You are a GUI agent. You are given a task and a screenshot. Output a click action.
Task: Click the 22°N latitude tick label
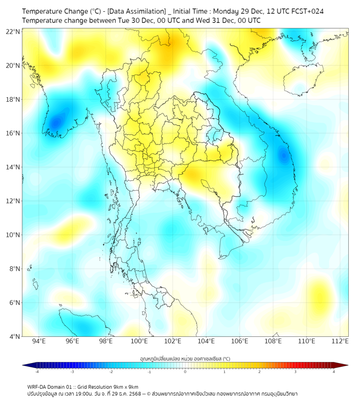[x=13, y=31]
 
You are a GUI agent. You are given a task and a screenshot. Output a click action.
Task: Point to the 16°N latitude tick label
[x=13, y=133]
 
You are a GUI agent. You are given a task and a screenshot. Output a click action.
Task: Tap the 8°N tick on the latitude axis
[x=13, y=269]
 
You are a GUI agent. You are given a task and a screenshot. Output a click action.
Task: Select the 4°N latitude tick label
[x=13, y=336]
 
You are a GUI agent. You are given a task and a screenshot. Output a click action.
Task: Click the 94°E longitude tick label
[x=39, y=341]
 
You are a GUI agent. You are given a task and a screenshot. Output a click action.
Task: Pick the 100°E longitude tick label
[x=139, y=341]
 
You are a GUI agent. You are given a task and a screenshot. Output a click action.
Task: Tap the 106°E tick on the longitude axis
[x=240, y=341]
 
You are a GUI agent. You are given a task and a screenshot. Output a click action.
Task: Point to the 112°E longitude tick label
[x=340, y=341]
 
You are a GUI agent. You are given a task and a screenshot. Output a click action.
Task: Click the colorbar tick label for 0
[x=185, y=372]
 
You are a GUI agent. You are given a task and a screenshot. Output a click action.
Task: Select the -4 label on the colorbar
[x=36, y=372]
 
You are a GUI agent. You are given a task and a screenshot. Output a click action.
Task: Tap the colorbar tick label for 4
[x=334, y=372]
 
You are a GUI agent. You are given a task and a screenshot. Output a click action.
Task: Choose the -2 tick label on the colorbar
[x=111, y=372]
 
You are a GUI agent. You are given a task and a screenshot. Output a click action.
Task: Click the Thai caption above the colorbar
[x=185, y=358]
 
